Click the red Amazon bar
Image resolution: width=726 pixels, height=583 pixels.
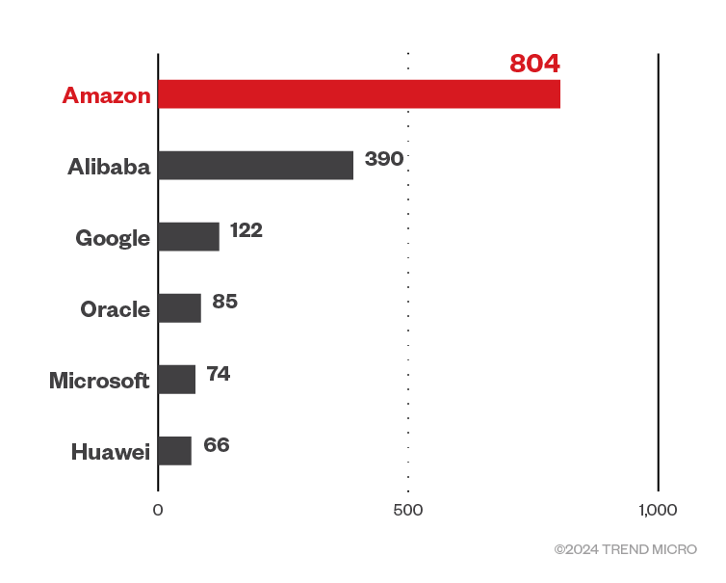click(359, 94)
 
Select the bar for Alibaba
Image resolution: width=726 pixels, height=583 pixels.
click(255, 166)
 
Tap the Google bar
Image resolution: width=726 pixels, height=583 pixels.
click(189, 237)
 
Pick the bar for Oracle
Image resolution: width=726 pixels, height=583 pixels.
click(179, 308)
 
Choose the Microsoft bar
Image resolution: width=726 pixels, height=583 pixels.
click(176, 380)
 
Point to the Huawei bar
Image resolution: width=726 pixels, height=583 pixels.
click(174, 451)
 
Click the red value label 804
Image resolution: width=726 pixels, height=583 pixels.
click(534, 65)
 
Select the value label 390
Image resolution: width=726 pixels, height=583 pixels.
click(383, 159)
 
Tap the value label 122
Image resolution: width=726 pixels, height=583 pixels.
click(246, 230)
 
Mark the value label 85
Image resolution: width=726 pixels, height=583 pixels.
click(224, 302)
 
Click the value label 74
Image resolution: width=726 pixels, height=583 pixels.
click(219, 373)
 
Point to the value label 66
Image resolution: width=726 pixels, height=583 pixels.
click(217, 445)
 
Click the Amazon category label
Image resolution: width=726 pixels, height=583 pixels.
click(106, 95)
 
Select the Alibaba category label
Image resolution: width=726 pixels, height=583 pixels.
click(109, 167)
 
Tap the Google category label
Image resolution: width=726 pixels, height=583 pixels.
click(113, 238)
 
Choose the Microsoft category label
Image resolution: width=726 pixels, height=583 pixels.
click(99, 381)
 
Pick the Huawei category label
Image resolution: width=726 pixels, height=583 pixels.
click(111, 452)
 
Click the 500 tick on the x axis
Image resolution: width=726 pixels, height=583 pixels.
click(408, 510)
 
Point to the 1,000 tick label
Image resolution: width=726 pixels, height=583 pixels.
click(658, 510)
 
